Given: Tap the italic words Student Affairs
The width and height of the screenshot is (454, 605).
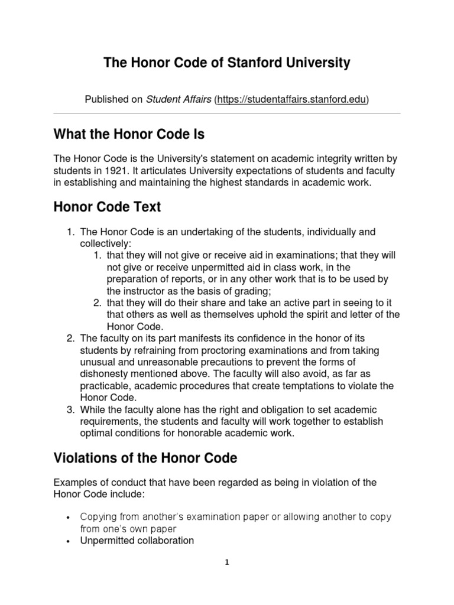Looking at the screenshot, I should pos(178,100).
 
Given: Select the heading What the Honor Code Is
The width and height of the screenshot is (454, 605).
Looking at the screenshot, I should pos(129,134).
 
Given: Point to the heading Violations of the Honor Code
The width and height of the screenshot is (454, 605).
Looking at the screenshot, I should pos(145,457).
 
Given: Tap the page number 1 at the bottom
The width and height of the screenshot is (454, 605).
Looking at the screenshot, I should pos(226,562).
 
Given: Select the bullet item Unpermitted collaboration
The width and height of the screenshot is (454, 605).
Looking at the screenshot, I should pos(137,540).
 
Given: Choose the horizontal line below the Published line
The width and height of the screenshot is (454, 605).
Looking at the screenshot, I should pos(227,113).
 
